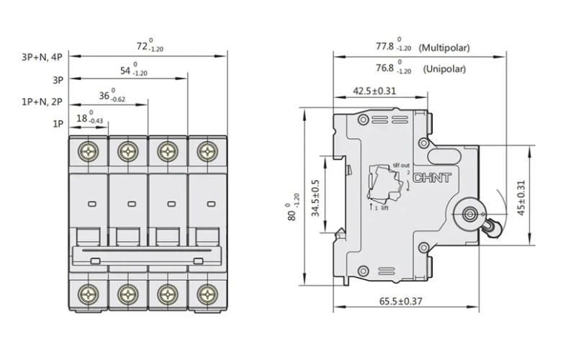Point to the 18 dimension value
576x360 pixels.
click(x=81, y=119)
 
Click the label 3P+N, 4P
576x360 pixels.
click(x=42, y=55)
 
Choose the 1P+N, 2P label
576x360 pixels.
click(x=42, y=102)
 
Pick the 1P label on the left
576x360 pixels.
click(x=58, y=124)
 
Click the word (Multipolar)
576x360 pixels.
click(x=445, y=48)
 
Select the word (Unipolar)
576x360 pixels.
click(x=444, y=69)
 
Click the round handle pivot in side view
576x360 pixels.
click(x=472, y=214)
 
